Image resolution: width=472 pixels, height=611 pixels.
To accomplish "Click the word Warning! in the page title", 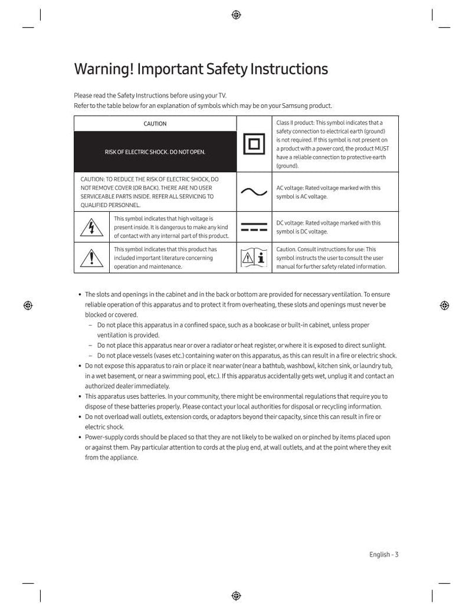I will (x=103, y=69).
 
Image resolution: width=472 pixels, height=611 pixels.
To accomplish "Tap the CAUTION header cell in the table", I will (x=155, y=124).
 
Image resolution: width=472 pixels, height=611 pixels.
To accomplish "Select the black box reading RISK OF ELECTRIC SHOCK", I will (x=155, y=152).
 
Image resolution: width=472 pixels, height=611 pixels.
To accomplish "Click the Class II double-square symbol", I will (x=254, y=144).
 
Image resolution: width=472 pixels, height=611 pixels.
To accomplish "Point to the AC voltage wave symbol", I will (x=254, y=192).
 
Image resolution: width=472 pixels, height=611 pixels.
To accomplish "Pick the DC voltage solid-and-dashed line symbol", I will (x=254, y=228).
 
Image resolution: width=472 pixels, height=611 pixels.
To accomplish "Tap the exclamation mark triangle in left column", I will (x=91, y=258).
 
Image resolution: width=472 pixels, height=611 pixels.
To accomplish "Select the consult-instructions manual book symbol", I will (x=254, y=258).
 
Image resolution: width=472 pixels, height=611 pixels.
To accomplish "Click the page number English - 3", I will (x=384, y=554).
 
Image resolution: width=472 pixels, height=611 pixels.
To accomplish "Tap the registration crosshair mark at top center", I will (x=236, y=15).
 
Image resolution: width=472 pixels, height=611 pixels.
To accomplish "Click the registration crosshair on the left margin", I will (x=28, y=305).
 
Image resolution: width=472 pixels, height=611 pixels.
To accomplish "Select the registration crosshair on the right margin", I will (x=444, y=305).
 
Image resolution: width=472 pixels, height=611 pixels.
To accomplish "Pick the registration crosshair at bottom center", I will (x=236, y=595).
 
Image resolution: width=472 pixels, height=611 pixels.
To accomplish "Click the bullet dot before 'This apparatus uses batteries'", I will (x=80, y=396).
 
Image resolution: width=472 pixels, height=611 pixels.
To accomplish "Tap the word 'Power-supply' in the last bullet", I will (x=103, y=437).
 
